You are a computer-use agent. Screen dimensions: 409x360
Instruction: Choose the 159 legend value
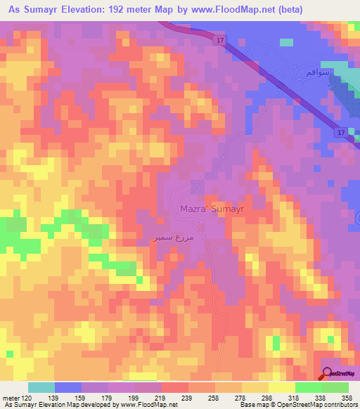tap(82, 398)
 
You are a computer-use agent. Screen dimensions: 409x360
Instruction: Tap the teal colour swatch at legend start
tap(41, 387)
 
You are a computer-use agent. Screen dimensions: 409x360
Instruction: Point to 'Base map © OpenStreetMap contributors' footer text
tap(298, 405)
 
